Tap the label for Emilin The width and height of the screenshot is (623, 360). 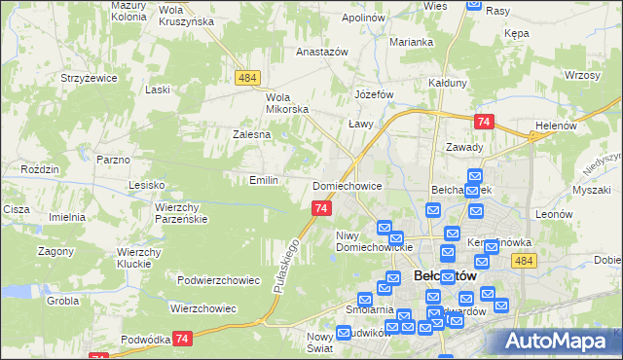[x=264, y=180]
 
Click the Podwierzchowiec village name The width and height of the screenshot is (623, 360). [x=218, y=280]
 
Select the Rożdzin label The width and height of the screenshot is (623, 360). [x=40, y=169]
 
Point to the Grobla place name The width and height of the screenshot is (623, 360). [x=61, y=302]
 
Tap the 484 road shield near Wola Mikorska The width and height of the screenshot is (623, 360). [x=246, y=77]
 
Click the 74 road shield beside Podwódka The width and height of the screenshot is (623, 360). [x=181, y=338]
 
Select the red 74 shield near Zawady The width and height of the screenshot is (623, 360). [x=484, y=122]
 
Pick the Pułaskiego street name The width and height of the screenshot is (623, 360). [x=282, y=266]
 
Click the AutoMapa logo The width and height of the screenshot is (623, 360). [x=560, y=341]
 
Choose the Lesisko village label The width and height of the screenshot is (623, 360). [x=148, y=184]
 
